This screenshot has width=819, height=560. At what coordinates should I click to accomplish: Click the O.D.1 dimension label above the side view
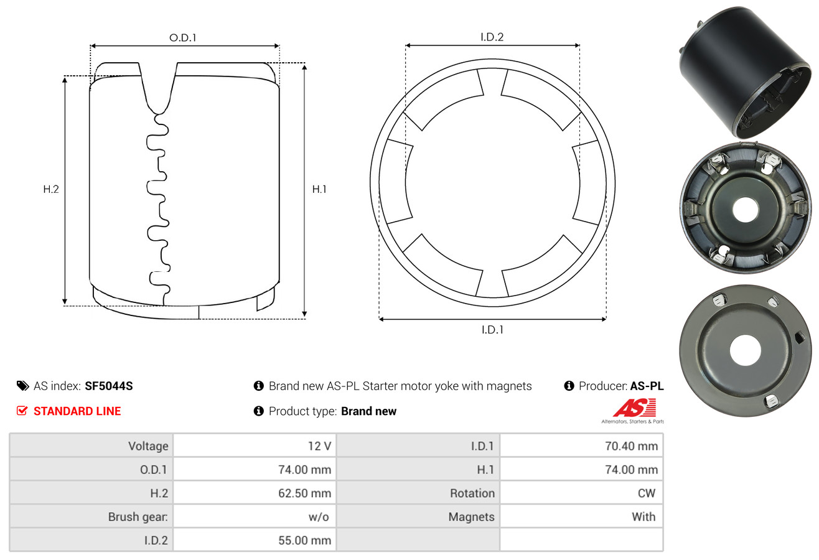coord(183,38)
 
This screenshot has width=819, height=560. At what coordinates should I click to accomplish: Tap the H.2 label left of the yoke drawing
coord(51,189)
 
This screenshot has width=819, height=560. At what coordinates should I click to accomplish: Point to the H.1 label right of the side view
coord(319,189)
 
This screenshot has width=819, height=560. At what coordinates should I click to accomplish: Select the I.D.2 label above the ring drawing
coord(492,37)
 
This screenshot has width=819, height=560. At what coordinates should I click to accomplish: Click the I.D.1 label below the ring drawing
coord(492,330)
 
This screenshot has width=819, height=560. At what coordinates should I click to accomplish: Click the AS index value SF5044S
coord(109,386)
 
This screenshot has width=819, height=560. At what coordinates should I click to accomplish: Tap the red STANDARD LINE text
coord(77,411)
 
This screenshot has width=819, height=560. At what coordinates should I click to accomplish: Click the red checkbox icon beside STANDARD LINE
coord(22,411)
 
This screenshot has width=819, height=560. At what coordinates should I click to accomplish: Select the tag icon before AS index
coord(22,386)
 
